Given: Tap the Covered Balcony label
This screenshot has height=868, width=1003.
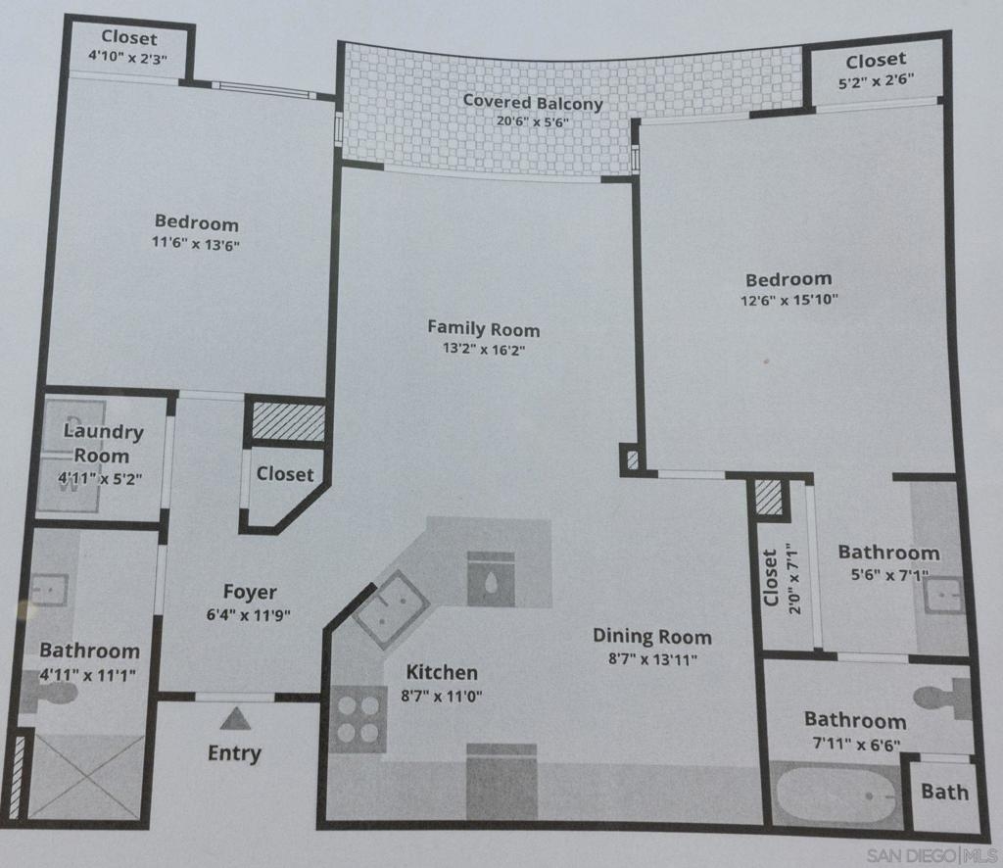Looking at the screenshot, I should (532, 102).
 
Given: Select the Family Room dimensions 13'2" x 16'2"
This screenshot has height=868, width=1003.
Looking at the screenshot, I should (483, 349).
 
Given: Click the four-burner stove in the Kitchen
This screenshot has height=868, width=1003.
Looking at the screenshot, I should (357, 718).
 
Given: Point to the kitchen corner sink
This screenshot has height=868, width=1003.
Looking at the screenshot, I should (391, 608).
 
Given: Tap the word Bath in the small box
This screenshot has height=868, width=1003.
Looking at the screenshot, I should (944, 792).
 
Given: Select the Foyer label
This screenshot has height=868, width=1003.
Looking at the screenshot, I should (250, 592).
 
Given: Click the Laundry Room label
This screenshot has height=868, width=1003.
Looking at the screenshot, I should (103, 443).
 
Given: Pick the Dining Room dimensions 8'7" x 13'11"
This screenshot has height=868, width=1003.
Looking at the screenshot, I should (651, 659).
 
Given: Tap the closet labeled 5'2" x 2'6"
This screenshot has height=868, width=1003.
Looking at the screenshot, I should (876, 70).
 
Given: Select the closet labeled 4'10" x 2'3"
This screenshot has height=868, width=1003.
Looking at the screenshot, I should (128, 47).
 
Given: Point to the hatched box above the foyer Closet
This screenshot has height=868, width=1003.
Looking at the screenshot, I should (288, 422).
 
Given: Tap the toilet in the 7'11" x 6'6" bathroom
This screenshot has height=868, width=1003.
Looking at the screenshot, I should (940, 698).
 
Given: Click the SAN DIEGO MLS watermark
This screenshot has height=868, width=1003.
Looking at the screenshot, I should (931, 853).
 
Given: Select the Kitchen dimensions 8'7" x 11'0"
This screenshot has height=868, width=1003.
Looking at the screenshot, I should (442, 697).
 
